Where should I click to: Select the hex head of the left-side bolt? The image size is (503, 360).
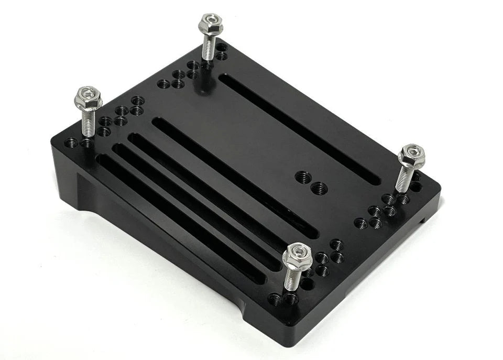coord(89,97)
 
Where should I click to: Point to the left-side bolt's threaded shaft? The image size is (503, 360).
coord(88,123)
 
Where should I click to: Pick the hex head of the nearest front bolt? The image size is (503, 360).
coord(297,257)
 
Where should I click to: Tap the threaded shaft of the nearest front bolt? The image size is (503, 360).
coord(291,280)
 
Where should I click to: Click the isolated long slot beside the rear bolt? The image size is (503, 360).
coord(299,128)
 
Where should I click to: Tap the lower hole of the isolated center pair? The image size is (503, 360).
coord(318,188)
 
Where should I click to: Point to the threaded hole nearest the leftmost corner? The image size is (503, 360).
coord(71,142)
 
